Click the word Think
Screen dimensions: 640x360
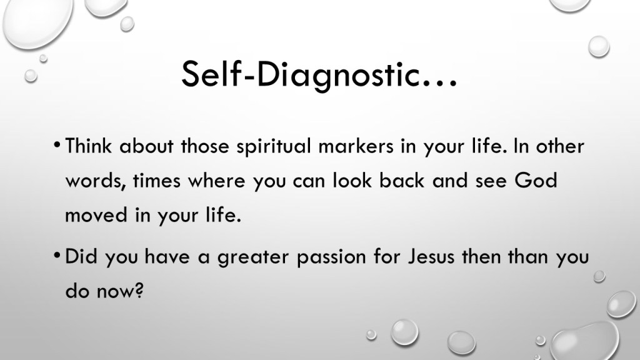(x=88, y=146)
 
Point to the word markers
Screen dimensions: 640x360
(x=356, y=146)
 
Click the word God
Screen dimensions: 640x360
(x=536, y=181)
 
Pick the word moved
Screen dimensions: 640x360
(x=96, y=215)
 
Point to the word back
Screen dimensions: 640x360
(x=402, y=181)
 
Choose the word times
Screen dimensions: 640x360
(x=157, y=181)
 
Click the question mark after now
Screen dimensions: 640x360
(x=139, y=291)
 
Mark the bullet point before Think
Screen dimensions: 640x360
(x=57, y=144)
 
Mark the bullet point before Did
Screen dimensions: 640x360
(x=57, y=256)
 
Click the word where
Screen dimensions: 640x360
(x=216, y=181)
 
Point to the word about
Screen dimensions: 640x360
(x=146, y=146)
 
